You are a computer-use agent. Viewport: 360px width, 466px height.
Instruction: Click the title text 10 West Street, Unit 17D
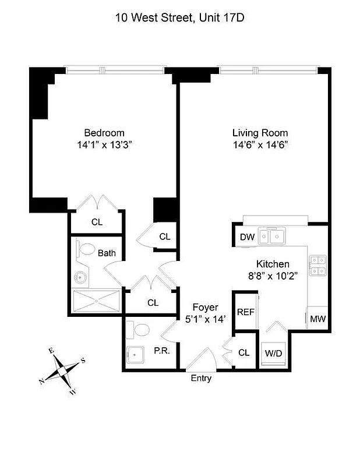click(x=179, y=18)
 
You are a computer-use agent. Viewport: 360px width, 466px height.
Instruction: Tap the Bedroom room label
click(x=104, y=133)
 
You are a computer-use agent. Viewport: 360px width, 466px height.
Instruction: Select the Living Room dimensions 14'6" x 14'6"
click(x=260, y=144)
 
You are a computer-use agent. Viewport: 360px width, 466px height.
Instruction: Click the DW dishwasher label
click(x=246, y=236)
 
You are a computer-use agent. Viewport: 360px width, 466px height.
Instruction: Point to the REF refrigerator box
click(x=245, y=312)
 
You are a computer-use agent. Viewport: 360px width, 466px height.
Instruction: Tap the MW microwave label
click(x=317, y=319)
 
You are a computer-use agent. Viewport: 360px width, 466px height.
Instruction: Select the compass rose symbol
click(x=62, y=369)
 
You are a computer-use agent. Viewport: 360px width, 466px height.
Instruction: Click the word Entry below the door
click(x=201, y=379)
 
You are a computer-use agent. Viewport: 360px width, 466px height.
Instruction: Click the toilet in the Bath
click(x=86, y=250)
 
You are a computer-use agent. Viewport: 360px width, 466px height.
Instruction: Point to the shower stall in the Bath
click(x=96, y=301)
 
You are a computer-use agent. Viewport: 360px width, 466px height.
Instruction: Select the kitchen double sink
click(x=272, y=236)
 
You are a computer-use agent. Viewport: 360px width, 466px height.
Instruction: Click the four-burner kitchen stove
click(x=317, y=265)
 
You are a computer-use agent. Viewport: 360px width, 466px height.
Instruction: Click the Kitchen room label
click(x=273, y=264)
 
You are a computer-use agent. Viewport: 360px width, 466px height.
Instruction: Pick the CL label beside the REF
click(x=244, y=353)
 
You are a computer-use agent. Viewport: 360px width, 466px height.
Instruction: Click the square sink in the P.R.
click(x=136, y=354)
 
